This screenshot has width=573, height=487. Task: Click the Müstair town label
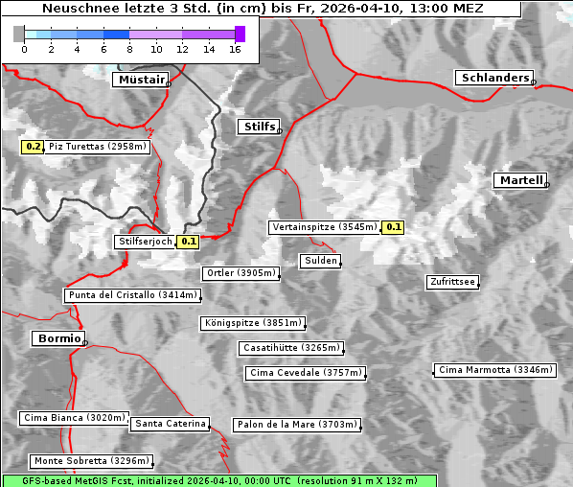[x=140, y=80]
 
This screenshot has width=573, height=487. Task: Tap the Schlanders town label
[x=493, y=78]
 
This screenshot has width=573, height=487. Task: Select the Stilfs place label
[x=259, y=127]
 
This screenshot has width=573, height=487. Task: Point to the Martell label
[x=520, y=180]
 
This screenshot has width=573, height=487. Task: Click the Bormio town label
[x=57, y=338]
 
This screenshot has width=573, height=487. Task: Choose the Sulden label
[x=320, y=261]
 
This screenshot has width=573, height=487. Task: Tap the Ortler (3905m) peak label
[x=241, y=273]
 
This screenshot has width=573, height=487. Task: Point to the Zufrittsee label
[x=452, y=282]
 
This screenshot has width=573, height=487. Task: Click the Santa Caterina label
[x=171, y=423]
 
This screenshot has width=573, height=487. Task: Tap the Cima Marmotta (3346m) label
[x=494, y=369]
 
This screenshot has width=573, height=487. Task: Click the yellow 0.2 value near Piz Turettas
[x=33, y=147]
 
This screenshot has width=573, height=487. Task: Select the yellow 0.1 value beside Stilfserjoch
[x=188, y=242]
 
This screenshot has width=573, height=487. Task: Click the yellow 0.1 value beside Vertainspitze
[x=393, y=227]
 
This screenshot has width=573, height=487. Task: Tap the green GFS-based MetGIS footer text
[x=218, y=480]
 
